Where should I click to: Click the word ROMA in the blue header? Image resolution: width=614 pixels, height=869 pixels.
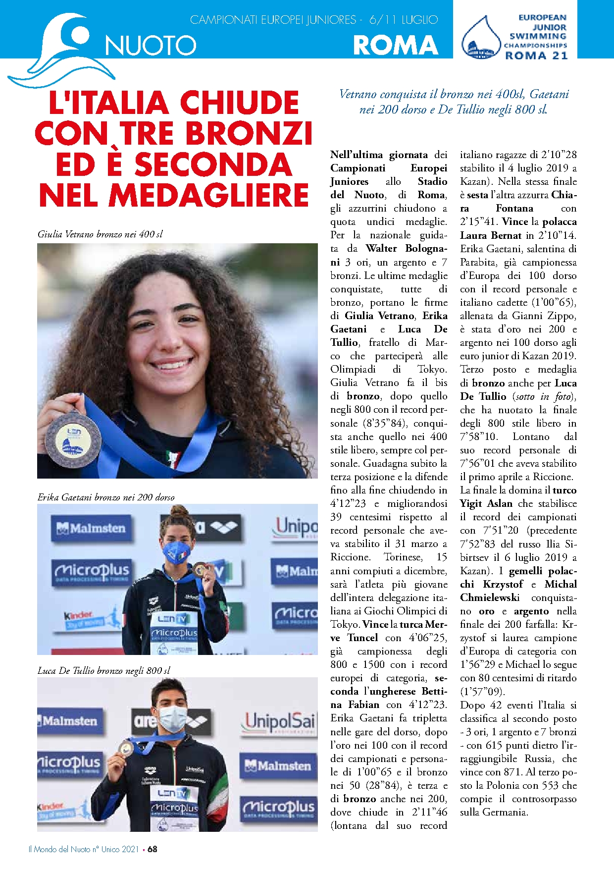coord(395,45)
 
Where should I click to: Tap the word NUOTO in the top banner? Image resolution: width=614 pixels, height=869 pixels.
coord(151,46)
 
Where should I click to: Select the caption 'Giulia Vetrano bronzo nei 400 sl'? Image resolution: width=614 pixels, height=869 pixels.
coord(100,234)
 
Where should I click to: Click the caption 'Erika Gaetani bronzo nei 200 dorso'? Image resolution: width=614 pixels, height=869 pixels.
coord(106,497)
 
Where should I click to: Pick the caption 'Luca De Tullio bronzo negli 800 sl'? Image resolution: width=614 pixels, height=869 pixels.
coord(104,670)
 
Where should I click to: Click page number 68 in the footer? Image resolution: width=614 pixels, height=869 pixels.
coord(153,849)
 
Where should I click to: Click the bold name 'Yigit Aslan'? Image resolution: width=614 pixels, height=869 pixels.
coord(486,503)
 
